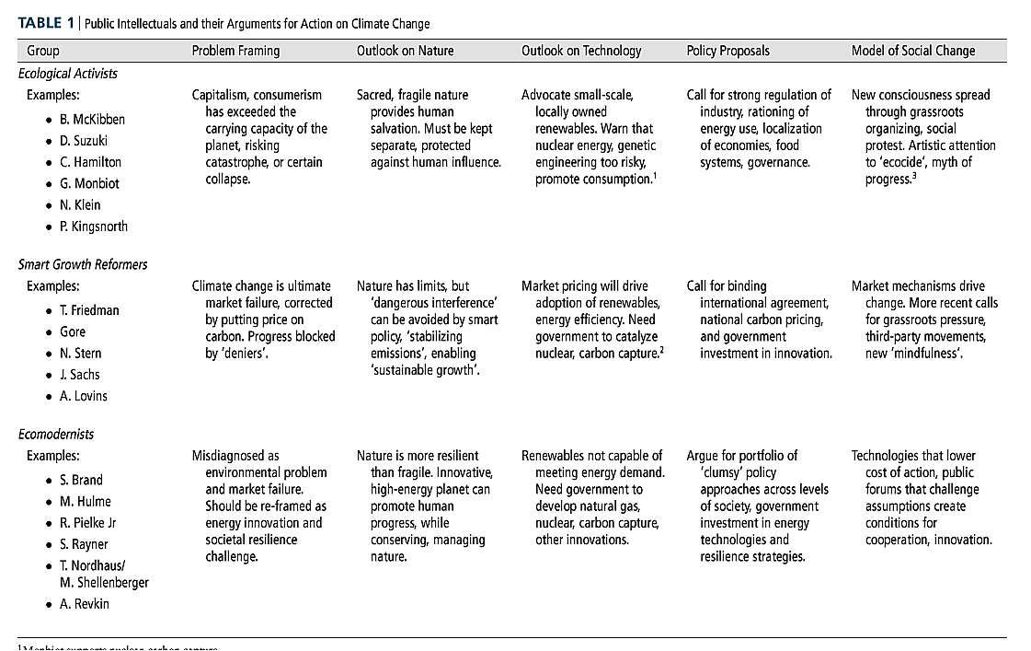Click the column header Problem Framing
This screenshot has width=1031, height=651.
point(235,51)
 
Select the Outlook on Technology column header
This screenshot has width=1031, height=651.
point(581,51)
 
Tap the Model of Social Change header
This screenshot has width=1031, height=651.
point(913,51)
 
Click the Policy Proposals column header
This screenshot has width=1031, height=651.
point(727,51)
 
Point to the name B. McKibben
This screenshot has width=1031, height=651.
point(92,120)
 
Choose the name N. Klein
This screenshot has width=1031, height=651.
point(80,204)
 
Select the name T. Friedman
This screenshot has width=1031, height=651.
point(89,310)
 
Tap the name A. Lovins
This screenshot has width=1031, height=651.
point(84,396)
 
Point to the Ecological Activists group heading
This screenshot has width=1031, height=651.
point(68,73)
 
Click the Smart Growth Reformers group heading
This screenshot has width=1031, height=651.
point(83,264)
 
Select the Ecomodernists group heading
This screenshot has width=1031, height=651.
point(56,434)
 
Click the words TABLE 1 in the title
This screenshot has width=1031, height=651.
point(43,23)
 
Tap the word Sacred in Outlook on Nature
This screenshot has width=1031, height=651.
point(375,95)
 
